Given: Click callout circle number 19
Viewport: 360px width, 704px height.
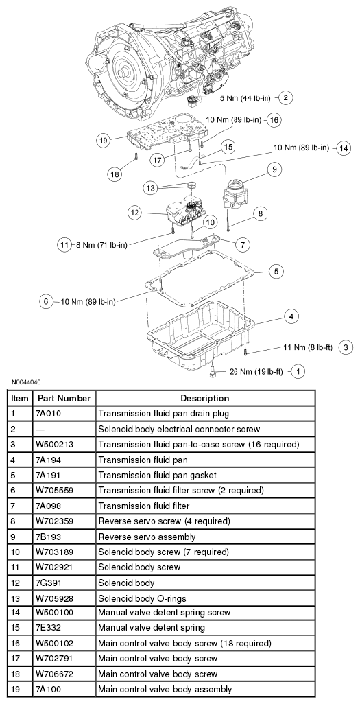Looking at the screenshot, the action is (x=103, y=141).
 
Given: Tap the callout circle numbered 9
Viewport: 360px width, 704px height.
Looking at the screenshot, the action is (x=274, y=169).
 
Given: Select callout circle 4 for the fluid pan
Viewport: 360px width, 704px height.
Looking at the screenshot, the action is (x=291, y=316).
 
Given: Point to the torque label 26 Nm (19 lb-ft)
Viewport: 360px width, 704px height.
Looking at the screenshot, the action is (x=256, y=372).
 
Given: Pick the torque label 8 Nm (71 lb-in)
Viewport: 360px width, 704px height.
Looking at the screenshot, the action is (x=101, y=245).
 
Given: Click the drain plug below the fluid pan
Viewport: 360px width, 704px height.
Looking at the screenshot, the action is (x=213, y=371).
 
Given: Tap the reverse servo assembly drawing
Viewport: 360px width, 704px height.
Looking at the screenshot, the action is (x=237, y=191).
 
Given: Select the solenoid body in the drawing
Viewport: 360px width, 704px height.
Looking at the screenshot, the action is (x=184, y=213).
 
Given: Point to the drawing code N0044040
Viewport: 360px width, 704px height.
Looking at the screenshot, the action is (x=27, y=383).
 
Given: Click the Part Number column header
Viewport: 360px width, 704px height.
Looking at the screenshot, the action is (x=64, y=398).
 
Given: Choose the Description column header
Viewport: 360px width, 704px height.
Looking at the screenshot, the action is (x=205, y=398).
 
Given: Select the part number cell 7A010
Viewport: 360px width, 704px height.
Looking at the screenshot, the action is (x=48, y=414).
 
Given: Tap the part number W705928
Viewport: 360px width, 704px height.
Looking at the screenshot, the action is (x=55, y=598).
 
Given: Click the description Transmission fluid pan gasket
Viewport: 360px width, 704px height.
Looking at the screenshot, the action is (x=157, y=475).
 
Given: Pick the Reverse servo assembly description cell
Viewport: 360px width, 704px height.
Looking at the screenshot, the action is (x=147, y=537).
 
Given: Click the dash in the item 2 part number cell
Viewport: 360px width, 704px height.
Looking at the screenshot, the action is (x=40, y=430).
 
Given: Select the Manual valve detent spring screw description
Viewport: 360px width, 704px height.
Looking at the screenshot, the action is (x=165, y=613).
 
